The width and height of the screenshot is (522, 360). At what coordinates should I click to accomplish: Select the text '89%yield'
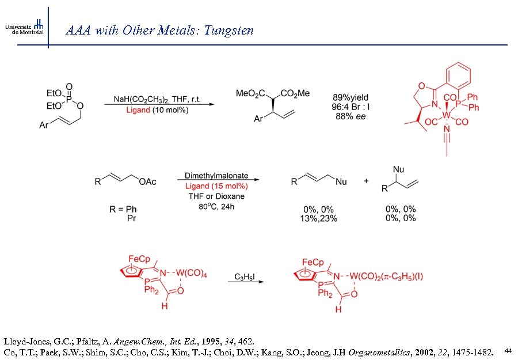pos(350,97)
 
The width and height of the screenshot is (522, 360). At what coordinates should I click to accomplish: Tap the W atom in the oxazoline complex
pos(447,115)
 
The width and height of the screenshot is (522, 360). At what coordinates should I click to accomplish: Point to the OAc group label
pos(149,182)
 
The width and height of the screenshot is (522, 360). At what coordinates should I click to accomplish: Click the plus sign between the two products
pos(366,181)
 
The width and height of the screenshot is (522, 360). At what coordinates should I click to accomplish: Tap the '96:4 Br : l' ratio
pos(350,107)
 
